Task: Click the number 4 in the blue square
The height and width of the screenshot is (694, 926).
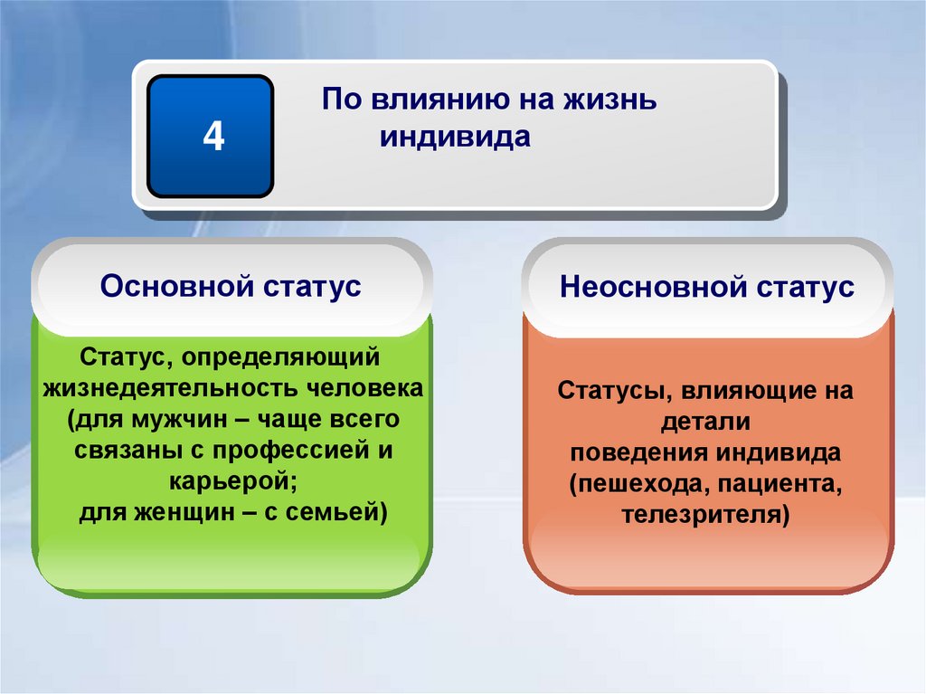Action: coord(213,136)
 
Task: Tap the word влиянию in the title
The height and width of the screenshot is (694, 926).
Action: coord(433,99)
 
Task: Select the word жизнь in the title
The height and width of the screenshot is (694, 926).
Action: coord(609,99)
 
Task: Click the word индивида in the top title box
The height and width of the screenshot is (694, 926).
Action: coord(455,137)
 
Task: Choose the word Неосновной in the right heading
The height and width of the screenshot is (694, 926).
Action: coord(653,287)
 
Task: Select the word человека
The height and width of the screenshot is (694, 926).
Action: coord(365,389)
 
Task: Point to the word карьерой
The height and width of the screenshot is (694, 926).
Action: coord(233,481)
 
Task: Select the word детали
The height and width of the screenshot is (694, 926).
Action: coord(705,422)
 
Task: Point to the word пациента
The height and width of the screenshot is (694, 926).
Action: coord(780,484)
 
